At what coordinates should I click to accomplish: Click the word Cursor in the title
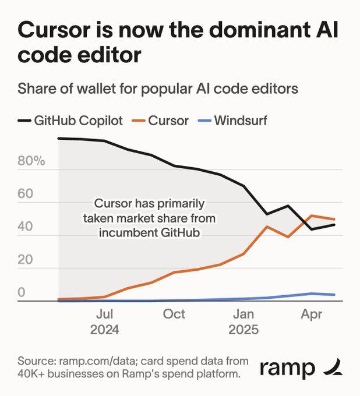pos(53,30)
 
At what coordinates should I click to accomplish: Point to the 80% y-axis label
pos(31,161)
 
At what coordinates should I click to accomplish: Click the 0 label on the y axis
pos(21,293)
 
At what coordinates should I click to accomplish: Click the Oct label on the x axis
pos(174,314)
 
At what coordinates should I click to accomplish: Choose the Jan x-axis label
pos(244,314)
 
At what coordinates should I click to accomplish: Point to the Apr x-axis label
pos(312,314)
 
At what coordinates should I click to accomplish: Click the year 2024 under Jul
pos(105,330)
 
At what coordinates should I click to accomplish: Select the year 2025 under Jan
pos(244,330)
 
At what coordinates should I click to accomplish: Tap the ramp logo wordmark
pos(287,368)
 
